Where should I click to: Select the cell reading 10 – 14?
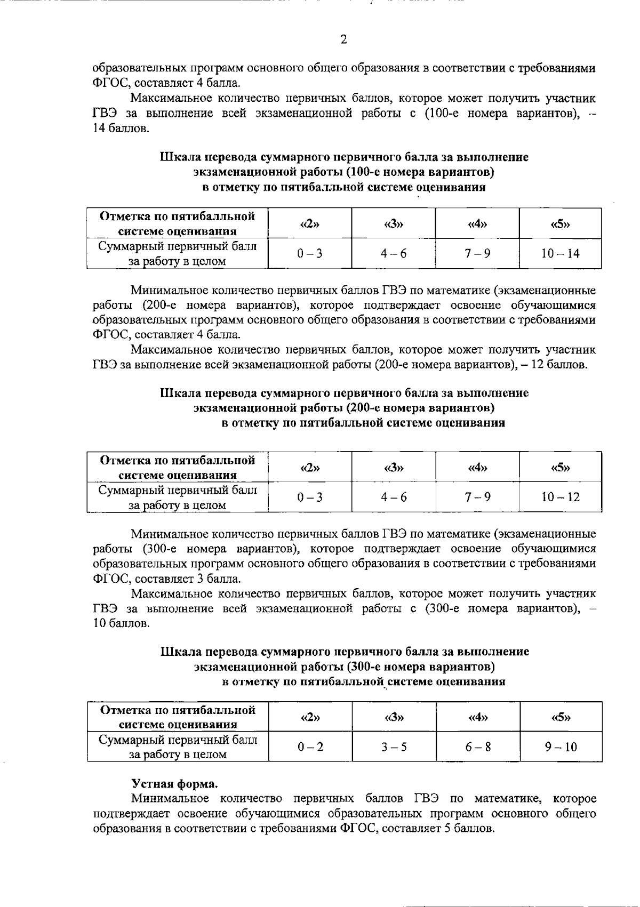pos(560,253)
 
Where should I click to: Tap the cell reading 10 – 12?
pos(560,497)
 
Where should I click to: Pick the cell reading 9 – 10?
pos(561,747)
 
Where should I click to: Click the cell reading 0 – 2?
pos(310,747)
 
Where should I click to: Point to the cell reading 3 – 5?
pos(394,747)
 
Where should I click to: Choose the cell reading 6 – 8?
pos(477,747)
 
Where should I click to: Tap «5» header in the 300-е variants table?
pos(561,717)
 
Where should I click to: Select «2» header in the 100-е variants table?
pos(310,223)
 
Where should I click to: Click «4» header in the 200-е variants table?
pos(477,468)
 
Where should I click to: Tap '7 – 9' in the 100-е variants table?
pos(477,253)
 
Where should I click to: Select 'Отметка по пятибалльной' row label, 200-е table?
pos(178,460)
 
